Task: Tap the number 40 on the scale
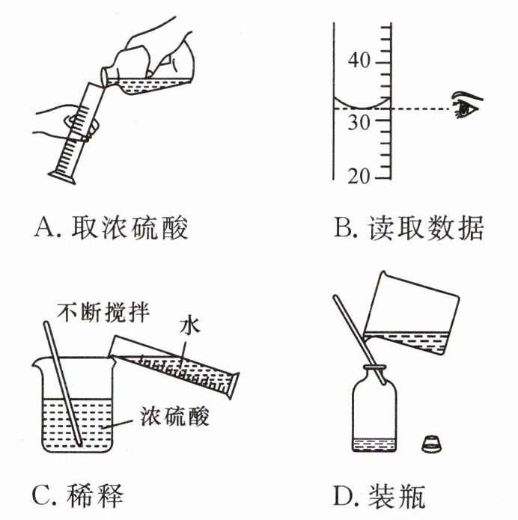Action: tap(360, 61)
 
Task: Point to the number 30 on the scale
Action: tap(360, 123)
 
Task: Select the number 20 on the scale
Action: tap(360, 177)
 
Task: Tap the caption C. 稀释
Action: tap(78, 495)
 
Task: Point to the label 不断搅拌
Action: tap(105, 312)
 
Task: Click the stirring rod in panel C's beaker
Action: tap(66, 382)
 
